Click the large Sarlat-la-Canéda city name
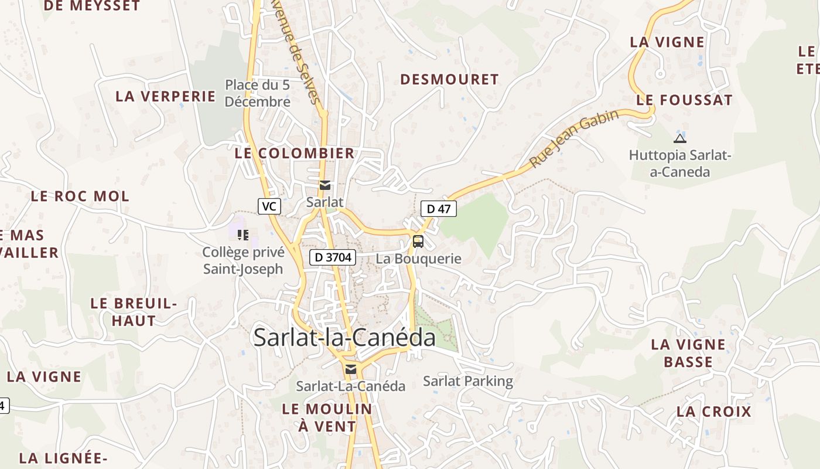pyautogui.click(x=344, y=338)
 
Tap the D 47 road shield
pyautogui.click(x=438, y=208)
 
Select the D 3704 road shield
pyautogui.click(x=333, y=257)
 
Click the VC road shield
pyautogui.click(x=269, y=206)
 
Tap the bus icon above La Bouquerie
pyautogui.click(x=418, y=241)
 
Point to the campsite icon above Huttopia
pyautogui.click(x=679, y=138)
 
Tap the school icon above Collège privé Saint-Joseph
pyautogui.click(x=243, y=235)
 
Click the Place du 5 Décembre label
pyautogui.click(x=258, y=93)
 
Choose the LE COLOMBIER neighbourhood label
pyautogui.click(x=295, y=153)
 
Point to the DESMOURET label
pyautogui.click(x=449, y=79)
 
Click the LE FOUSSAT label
pyautogui.click(x=684, y=100)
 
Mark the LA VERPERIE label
pyautogui.click(x=166, y=96)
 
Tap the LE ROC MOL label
pyautogui.click(x=80, y=196)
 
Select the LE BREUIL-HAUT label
pyautogui.click(x=134, y=312)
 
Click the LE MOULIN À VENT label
pyautogui.click(x=327, y=417)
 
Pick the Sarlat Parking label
pyautogui.click(x=468, y=381)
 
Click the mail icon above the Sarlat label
pyautogui.click(x=325, y=185)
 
